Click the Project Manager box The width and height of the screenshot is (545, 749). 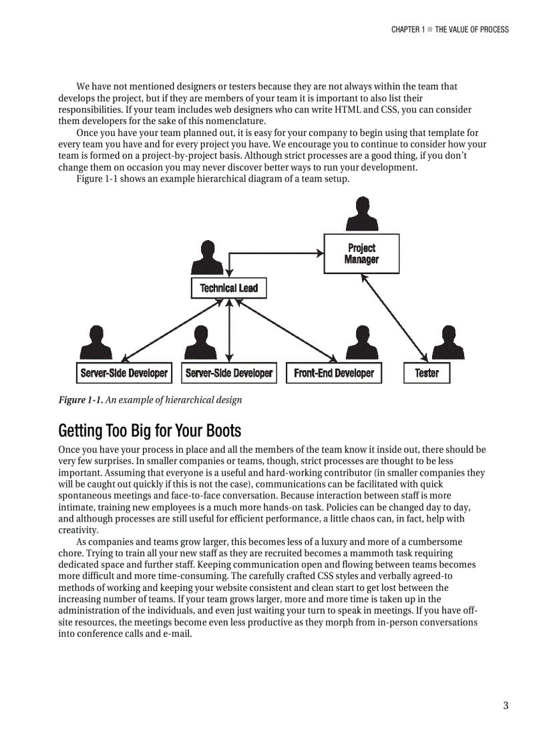361,253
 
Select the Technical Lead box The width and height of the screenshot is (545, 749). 228,288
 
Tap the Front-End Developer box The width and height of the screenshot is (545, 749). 334,373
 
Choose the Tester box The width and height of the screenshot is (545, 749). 427,373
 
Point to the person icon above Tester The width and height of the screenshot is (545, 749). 448,343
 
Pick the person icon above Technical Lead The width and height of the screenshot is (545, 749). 207,257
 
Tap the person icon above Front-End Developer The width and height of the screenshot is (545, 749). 362,343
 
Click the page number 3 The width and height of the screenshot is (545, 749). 506,706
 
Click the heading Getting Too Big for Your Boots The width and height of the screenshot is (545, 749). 150,430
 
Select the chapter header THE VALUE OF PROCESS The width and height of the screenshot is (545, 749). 472,29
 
